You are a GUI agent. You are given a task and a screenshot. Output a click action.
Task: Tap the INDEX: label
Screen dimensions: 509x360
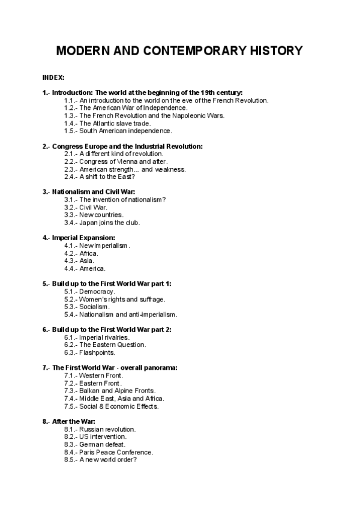[x=53, y=78]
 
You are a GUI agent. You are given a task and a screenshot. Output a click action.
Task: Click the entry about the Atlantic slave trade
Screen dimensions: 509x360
[x=107, y=122]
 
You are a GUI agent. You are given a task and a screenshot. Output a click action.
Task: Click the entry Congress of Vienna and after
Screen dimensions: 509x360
[x=116, y=161]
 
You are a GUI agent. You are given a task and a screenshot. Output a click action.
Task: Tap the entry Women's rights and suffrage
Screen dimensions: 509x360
[x=114, y=299]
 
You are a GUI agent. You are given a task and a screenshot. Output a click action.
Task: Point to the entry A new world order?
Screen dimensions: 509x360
[x=100, y=460]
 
